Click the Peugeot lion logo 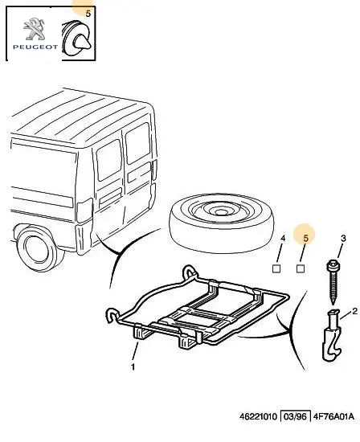pos(34,28)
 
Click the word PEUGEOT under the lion pos(35,47)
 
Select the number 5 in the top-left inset pos(88,13)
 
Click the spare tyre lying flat pos(221,223)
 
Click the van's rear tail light pos(84,211)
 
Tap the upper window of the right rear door pos(138,143)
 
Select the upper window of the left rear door pos(109,160)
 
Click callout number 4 pos(283,239)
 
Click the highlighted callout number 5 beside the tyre pos(306,239)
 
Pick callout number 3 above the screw pos(343,239)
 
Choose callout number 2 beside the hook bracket pos(354,311)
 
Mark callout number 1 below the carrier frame pos(133,367)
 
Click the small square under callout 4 pos(276,268)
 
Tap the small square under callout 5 pos(301,268)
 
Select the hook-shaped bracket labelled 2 pos(332,335)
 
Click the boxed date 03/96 pos(295,416)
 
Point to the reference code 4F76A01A pos(333,416)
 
